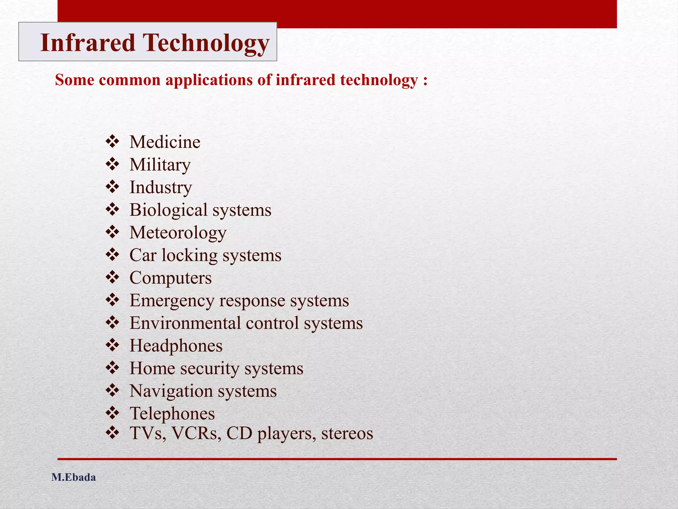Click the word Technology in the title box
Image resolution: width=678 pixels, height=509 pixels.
[x=206, y=43]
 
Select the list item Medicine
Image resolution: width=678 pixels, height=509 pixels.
[x=165, y=142]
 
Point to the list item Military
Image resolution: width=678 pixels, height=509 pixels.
[x=160, y=165]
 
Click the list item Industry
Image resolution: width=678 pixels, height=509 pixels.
[x=161, y=188]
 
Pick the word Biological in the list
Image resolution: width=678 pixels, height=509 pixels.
[x=168, y=210]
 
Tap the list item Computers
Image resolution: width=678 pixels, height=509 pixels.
[x=170, y=278]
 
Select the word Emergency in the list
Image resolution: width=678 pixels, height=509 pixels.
[x=172, y=301]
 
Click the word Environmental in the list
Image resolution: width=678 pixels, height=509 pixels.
[x=185, y=323]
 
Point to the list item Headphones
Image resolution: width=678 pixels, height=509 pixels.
[x=176, y=346]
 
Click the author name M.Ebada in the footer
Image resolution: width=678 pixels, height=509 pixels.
[x=73, y=478]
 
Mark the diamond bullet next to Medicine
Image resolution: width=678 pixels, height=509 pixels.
[x=112, y=141]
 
